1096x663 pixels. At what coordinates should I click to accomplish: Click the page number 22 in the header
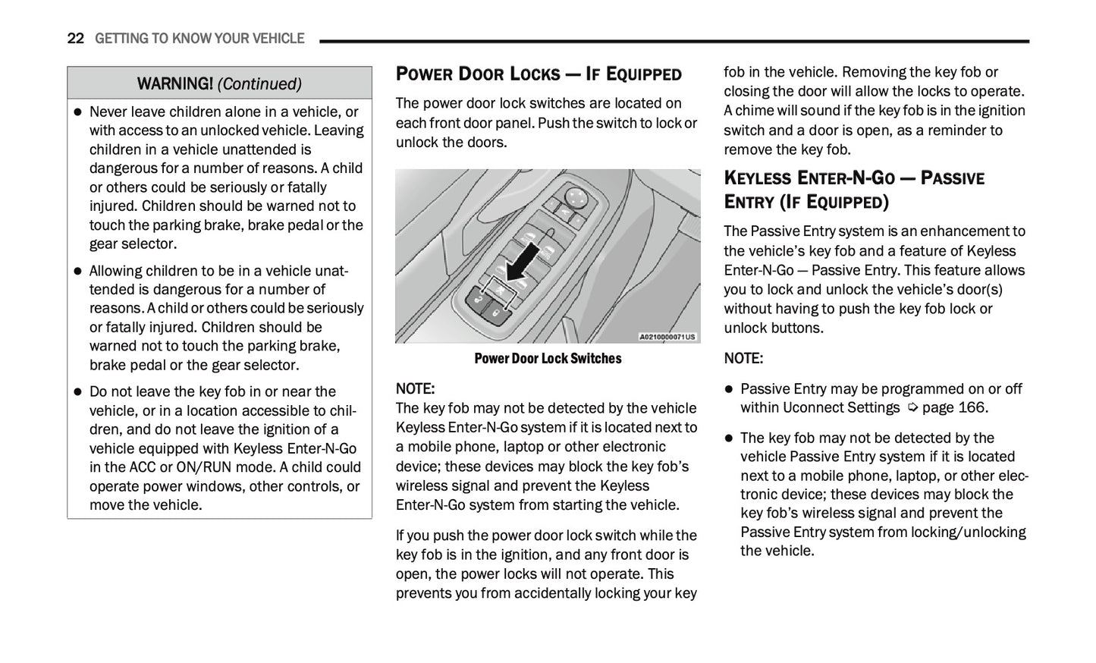point(75,39)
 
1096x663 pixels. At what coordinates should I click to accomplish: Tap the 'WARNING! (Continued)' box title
point(219,83)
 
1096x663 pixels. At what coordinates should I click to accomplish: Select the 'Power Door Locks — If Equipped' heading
point(539,74)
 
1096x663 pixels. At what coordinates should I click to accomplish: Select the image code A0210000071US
point(667,337)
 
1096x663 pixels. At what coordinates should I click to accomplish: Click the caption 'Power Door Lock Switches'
point(548,359)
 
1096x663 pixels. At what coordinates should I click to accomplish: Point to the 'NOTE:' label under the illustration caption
point(415,389)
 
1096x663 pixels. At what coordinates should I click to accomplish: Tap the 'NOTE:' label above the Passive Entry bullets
point(743,358)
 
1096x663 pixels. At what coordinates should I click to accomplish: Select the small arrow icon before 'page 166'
point(912,408)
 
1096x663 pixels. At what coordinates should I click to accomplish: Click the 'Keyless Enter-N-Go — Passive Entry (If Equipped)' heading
point(853,190)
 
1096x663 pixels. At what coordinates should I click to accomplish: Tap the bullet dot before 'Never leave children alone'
point(77,112)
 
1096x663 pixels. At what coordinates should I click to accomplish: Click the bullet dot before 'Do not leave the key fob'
point(77,392)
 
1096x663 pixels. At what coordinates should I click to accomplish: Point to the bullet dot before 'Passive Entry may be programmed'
point(729,389)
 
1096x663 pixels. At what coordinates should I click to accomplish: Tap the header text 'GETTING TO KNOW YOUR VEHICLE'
point(199,39)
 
